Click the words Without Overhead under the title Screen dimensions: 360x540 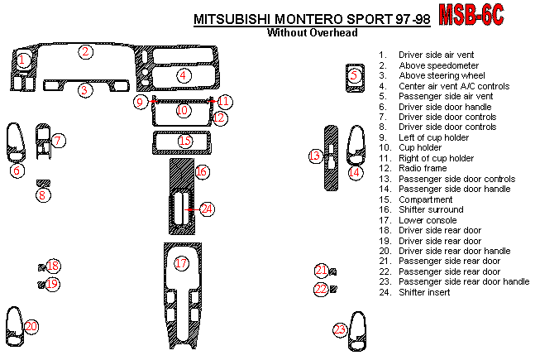click(312, 34)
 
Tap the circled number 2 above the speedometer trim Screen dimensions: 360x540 click(85, 52)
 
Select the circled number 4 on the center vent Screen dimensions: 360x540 click(183, 75)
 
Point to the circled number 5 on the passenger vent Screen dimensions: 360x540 click(354, 75)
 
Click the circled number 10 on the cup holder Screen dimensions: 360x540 click(183, 110)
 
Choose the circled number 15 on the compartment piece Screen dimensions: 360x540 click(184, 142)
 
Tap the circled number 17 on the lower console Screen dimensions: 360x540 click(182, 263)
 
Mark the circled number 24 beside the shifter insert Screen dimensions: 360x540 click(206, 209)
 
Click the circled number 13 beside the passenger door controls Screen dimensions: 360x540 click(315, 156)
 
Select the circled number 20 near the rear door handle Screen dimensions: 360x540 click(31, 327)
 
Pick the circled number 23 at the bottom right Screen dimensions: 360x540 click(340, 329)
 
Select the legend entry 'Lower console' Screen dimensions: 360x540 click(428, 220)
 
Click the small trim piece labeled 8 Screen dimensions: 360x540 click(43, 183)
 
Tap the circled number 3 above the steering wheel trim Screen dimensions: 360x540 click(84, 90)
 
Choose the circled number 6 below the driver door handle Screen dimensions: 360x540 click(16, 170)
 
